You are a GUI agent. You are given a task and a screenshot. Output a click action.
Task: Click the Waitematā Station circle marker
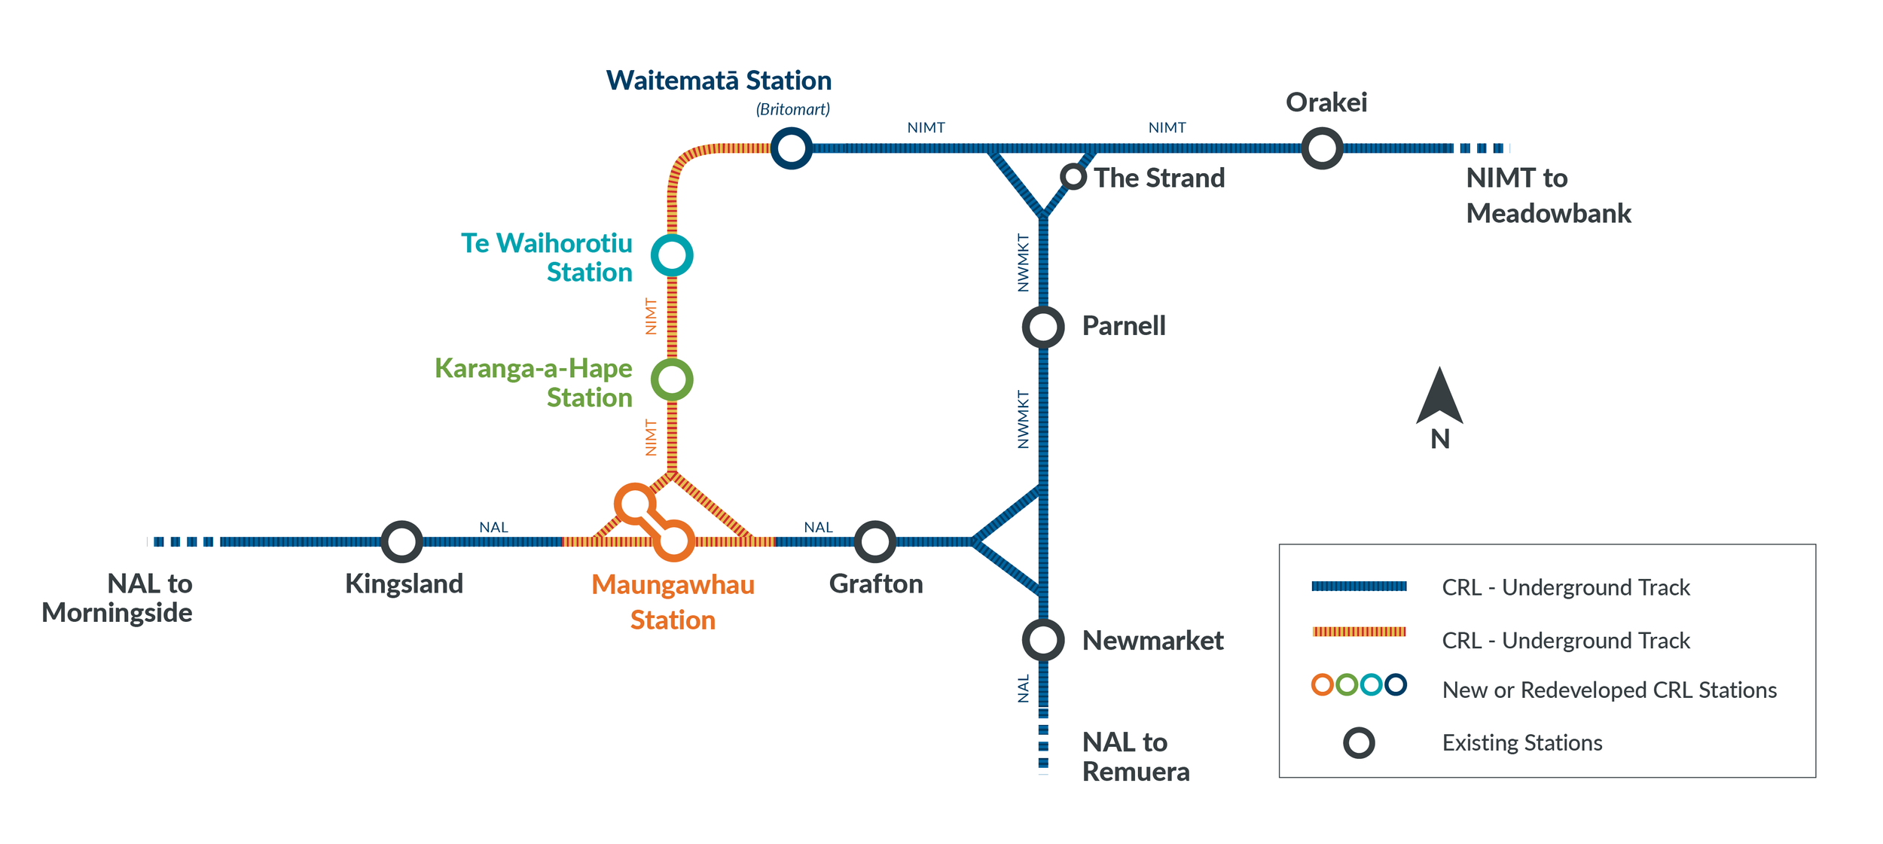tap(791, 148)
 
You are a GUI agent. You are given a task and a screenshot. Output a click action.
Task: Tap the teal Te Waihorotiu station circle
tap(672, 255)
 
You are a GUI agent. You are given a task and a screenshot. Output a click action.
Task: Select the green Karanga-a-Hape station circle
tap(672, 379)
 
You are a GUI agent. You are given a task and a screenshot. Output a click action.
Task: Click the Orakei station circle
tap(1322, 148)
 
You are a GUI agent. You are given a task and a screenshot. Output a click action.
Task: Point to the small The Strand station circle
tap(1073, 177)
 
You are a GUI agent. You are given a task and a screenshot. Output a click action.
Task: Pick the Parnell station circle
tap(1043, 327)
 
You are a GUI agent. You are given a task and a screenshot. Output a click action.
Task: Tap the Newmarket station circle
tap(1043, 640)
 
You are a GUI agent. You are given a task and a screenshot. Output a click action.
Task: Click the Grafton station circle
tap(874, 541)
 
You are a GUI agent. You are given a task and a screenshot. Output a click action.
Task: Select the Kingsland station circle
tap(401, 541)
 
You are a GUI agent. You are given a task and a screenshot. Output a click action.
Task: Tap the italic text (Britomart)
tap(792, 110)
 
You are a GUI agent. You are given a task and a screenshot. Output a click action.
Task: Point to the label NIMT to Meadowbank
tap(1548, 196)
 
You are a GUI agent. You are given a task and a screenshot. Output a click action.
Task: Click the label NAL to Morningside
tap(118, 599)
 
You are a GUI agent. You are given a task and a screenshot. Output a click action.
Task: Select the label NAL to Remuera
tap(1135, 757)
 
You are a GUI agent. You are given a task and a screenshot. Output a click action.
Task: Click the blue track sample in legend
tap(1358, 587)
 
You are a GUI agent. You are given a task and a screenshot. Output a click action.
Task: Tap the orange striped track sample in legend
tap(1358, 632)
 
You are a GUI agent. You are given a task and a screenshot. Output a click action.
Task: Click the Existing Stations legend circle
tap(1358, 743)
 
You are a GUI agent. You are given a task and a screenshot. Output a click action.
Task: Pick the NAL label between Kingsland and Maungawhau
tap(493, 527)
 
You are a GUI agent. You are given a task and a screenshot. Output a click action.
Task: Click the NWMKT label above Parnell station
tap(1023, 263)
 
